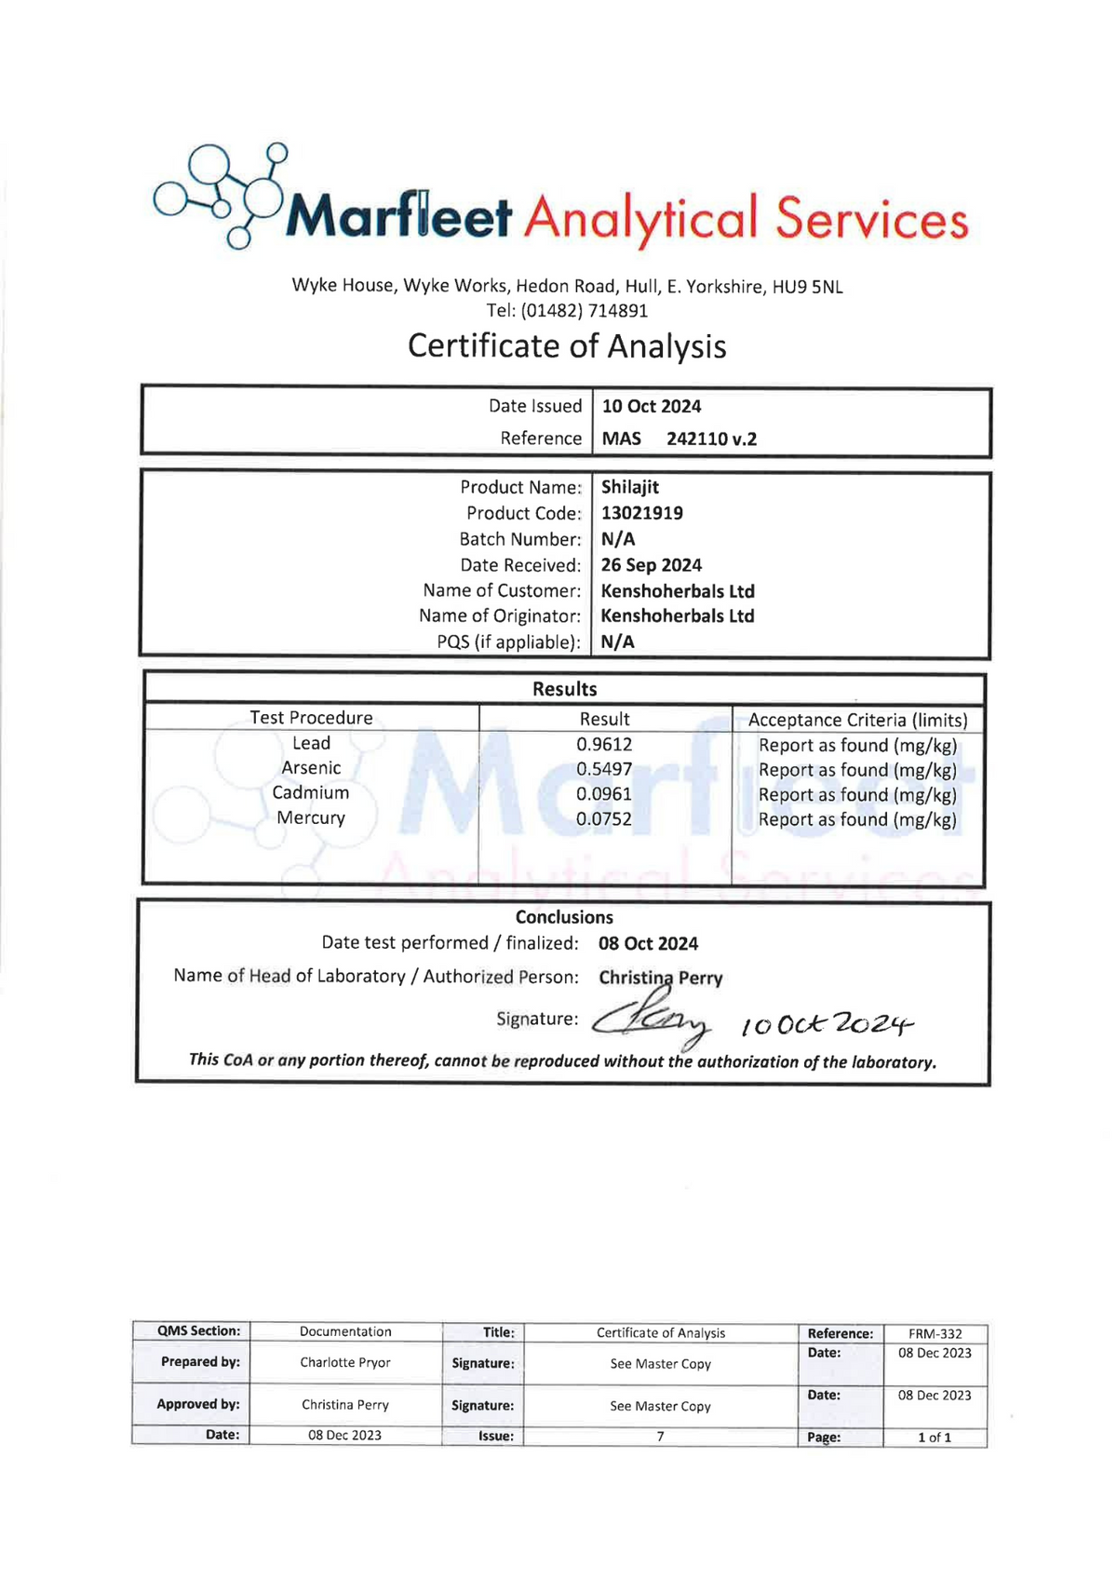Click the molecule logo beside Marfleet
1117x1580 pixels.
click(x=222, y=194)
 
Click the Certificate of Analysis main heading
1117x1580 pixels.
click(x=566, y=346)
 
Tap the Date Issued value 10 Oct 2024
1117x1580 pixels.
click(x=652, y=407)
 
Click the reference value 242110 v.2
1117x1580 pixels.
click(x=711, y=439)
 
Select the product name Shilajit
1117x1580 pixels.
click(x=630, y=487)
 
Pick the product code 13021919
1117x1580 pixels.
click(x=642, y=513)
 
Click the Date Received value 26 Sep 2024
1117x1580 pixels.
click(x=652, y=565)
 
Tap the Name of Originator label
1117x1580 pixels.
click(x=500, y=616)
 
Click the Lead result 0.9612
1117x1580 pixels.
click(x=604, y=745)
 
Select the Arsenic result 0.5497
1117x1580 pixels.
click(x=604, y=769)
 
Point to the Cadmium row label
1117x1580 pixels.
click(x=311, y=793)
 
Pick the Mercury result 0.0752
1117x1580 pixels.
click(x=604, y=819)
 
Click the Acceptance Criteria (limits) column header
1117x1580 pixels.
click(x=857, y=720)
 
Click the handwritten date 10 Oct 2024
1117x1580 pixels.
click(x=827, y=1024)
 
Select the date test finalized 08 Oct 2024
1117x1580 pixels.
click(x=648, y=944)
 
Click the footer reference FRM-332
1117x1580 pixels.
click(x=935, y=1334)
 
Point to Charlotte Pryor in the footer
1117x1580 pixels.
click(x=345, y=1363)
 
